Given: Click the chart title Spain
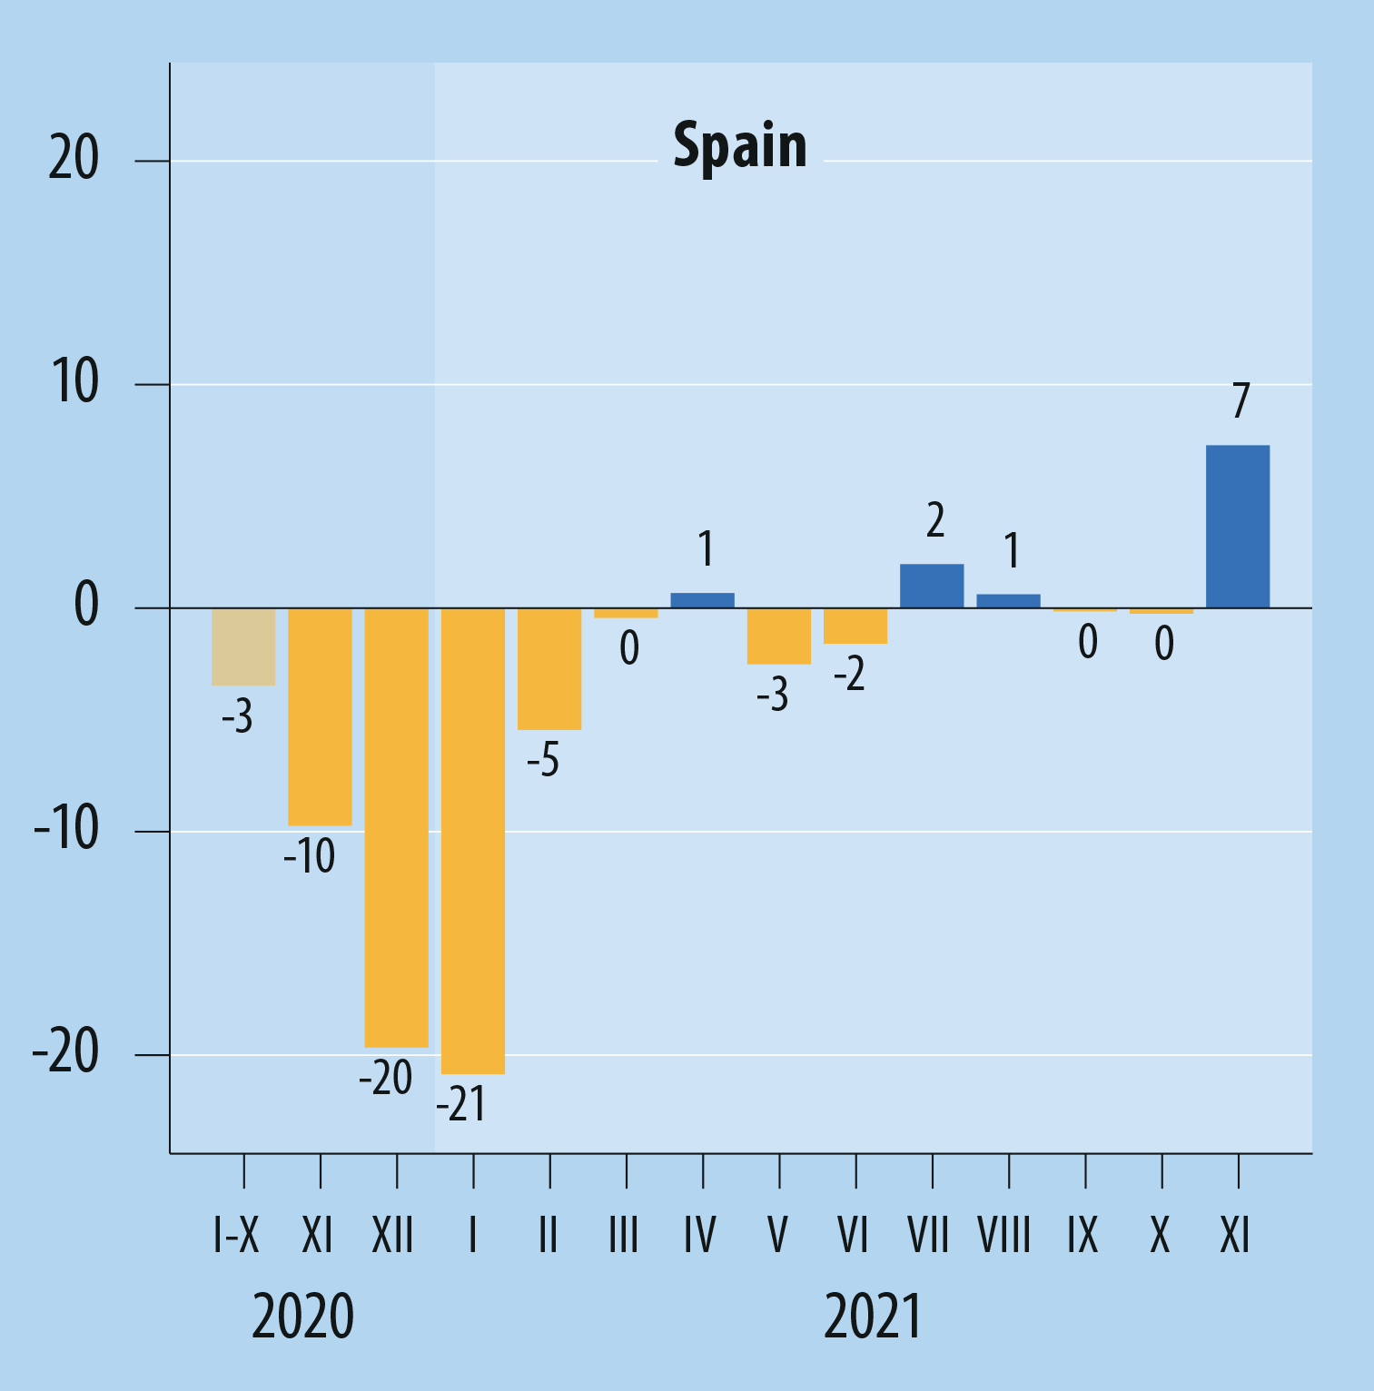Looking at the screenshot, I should [740, 146].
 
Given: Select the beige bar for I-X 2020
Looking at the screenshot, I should [243, 646].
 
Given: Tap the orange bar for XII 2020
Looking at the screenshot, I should [396, 827].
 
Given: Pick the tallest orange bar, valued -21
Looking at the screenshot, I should [473, 841].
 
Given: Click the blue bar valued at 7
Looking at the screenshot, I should [1238, 527].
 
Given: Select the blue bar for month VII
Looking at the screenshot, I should [932, 586].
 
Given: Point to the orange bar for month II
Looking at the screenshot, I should [549, 668].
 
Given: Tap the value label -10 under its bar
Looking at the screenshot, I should [309, 856].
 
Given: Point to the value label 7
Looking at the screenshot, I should [1241, 400].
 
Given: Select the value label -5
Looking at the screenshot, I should [543, 760].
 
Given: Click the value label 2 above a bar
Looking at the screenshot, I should [935, 520].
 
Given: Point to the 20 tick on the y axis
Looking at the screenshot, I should [74, 159].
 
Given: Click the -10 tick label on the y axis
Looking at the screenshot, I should [65, 828].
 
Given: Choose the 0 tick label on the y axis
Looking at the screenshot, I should [86, 606].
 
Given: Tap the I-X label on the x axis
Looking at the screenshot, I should [236, 1236].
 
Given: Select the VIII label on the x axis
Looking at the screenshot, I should [1004, 1236].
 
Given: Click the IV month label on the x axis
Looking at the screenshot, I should [700, 1236].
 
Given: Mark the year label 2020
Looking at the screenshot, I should [302, 1317].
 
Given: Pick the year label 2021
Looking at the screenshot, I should [873, 1317].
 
